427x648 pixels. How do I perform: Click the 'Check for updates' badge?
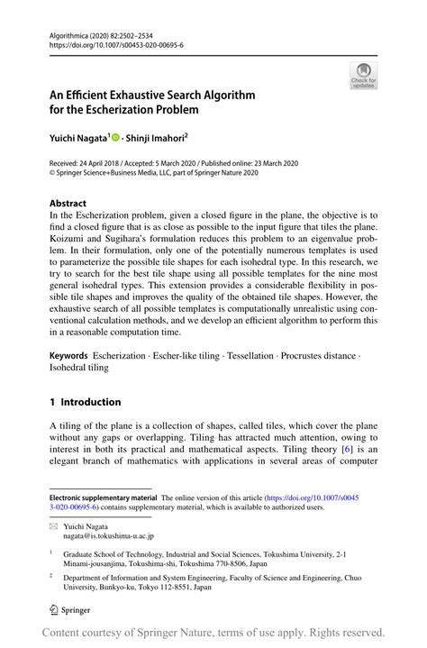tap(363, 76)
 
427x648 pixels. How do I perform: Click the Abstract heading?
tap(68, 204)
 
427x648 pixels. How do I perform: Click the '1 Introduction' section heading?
tap(85, 402)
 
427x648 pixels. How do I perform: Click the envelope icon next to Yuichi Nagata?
tap(53, 525)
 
